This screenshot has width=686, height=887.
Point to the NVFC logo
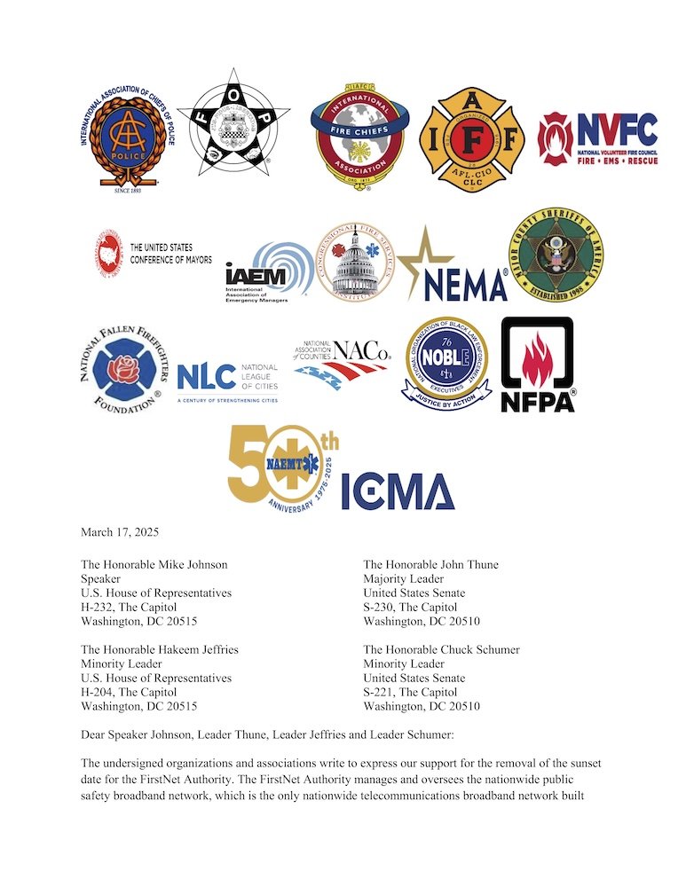pyautogui.click(x=599, y=138)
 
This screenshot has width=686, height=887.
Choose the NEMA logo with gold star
pyautogui.click(x=453, y=266)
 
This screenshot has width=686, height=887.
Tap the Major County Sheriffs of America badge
pyautogui.click(x=555, y=255)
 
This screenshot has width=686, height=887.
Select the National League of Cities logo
pyautogui.click(x=227, y=380)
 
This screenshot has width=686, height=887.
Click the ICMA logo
pyautogui.click(x=398, y=491)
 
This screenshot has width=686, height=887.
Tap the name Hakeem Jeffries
pyautogui.click(x=197, y=649)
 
